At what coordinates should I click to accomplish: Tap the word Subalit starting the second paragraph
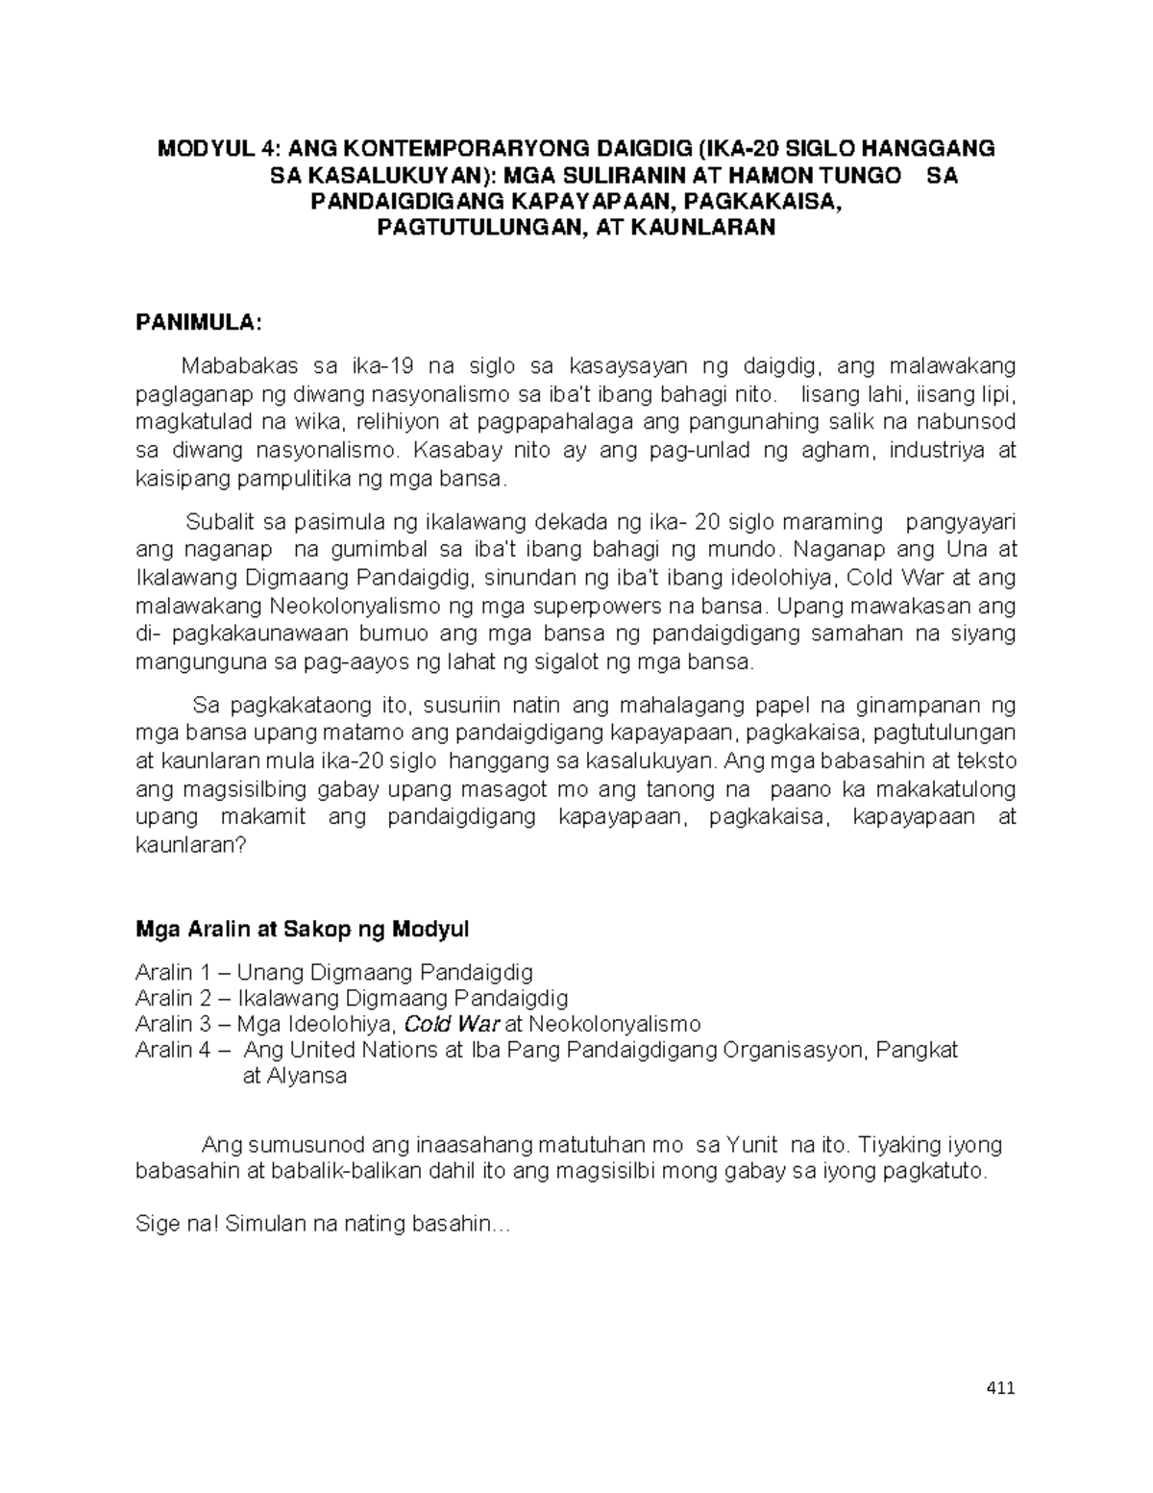(219, 522)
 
